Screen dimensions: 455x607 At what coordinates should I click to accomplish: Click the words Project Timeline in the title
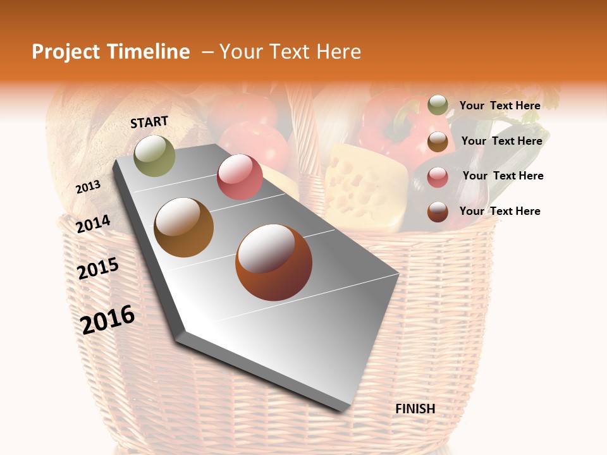111,52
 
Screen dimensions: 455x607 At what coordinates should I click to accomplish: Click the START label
149,122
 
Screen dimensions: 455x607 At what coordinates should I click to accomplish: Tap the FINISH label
415,409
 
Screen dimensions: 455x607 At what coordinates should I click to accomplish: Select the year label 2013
89,187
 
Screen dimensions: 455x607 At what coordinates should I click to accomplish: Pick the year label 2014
94,224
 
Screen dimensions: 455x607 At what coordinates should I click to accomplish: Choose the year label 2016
108,319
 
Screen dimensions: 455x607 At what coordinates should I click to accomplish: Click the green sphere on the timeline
154,155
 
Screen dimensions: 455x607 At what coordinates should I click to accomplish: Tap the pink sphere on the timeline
240,177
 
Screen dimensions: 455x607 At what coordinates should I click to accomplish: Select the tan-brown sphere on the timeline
184,227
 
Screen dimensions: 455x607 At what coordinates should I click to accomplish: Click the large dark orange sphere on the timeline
274,262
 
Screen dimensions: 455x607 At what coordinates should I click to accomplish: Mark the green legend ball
438,105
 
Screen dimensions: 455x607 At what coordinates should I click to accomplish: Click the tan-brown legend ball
438,142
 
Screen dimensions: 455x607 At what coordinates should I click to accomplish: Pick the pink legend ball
438,177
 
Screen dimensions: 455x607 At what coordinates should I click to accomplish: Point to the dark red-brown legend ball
438,212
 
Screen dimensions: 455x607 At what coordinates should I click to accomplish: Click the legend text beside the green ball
500,106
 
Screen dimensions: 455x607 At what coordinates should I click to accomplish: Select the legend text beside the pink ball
503,176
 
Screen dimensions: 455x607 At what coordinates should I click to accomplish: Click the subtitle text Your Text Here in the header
290,52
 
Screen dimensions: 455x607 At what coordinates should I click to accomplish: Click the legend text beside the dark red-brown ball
500,211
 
